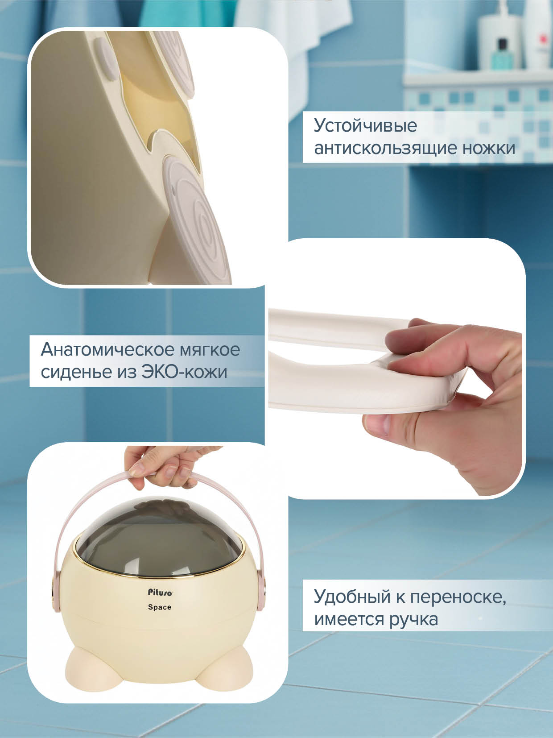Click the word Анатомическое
tap(107, 349)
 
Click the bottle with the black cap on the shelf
tap(502, 54)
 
